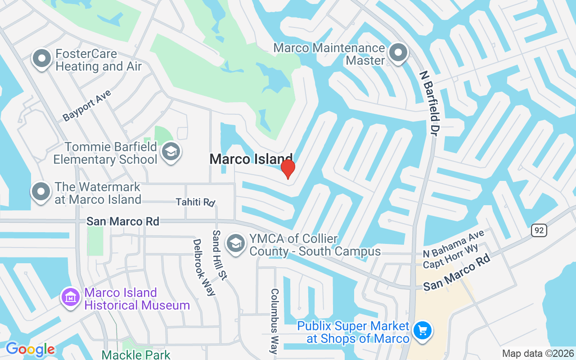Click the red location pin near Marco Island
(x=288, y=169)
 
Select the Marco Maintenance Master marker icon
(x=398, y=53)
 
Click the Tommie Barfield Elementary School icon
(x=171, y=152)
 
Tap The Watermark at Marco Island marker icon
(x=41, y=192)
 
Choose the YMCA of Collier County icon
(x=235, y=243)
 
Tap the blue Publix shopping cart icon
(x=422, y=331)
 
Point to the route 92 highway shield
(x=539, y=230)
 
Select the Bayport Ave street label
(x=87, y=105)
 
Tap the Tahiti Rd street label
(x=195, y=202)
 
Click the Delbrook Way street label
(x=204, y=267)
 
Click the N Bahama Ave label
(x=454, y=243)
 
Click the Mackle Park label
(x=136, y=355)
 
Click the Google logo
(x=30, y=349)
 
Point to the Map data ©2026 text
(x=537, y=354)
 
